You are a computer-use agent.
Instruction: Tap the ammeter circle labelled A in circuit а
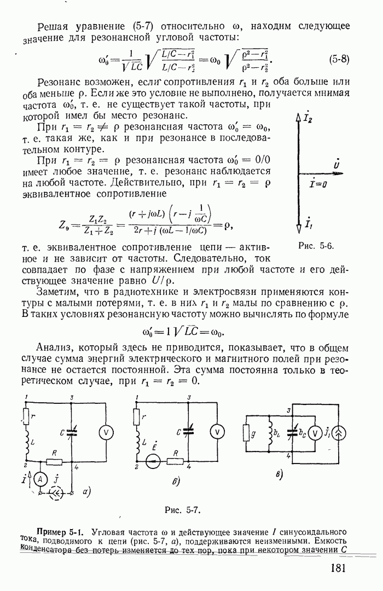point(39,478)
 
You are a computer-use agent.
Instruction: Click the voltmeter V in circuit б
point(218,432)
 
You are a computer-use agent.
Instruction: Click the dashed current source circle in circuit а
point(56,493)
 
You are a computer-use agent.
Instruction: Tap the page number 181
point(338,567)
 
